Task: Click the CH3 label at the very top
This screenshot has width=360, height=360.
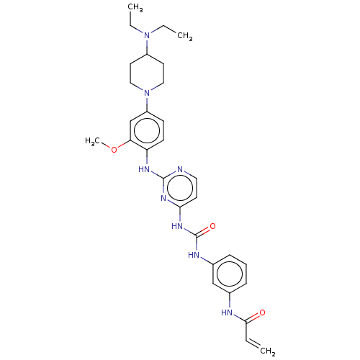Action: coord(135,7)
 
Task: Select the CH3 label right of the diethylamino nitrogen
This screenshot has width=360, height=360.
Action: coord(185,36)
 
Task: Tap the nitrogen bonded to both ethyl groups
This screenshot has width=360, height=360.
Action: coord(147,35)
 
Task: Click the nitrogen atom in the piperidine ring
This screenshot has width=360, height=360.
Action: coord(147,93)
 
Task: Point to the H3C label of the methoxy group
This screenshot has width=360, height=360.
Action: coord(92,141)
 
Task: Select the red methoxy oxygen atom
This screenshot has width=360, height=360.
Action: coord(114,150)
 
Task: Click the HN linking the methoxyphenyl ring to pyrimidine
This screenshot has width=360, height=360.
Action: coord(144,169)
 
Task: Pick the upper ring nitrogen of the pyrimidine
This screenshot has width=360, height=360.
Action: coord(180,169)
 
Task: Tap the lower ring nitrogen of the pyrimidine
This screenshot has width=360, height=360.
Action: coord(163,198)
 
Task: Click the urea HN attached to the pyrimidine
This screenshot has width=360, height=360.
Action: coord(177,226)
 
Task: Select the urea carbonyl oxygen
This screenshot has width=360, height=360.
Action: coord(212,226)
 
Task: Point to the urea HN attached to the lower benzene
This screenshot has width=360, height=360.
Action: coord(194,255)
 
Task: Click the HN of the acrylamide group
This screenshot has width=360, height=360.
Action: coord(227,312)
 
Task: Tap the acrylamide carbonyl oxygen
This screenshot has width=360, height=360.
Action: coord(262,312)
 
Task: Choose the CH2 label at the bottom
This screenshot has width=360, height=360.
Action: coord(268,351)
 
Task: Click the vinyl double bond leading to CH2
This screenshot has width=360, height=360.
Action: coord(253,343)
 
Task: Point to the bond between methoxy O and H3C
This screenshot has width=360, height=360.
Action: coord(106,145)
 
